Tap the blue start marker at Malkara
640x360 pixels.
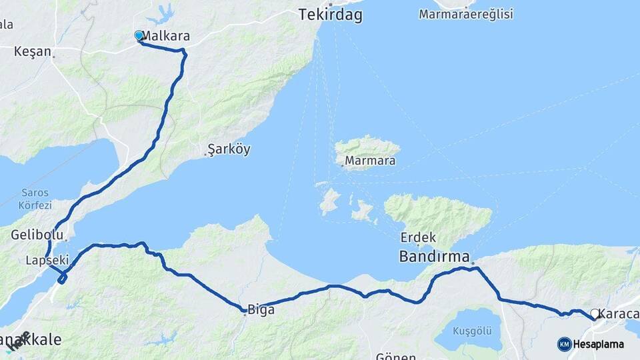pos(139,35)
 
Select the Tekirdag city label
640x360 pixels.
pos(331,15)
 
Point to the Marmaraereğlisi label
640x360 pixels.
pos(466,14)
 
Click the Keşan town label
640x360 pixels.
pos(33,51)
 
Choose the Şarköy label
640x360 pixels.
pos(229,149)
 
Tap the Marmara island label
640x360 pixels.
pos(371,161)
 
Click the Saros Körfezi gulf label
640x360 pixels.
pos(34,199)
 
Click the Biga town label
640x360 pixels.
pos(261,309)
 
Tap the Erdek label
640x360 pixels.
pos(418,237)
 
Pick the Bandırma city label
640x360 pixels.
pos(434,256)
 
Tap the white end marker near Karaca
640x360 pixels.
pos(595,313)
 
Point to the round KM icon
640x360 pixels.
pos(564,344)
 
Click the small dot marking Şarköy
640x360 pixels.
pos(205,156)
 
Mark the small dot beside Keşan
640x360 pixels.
pos(53,56)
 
